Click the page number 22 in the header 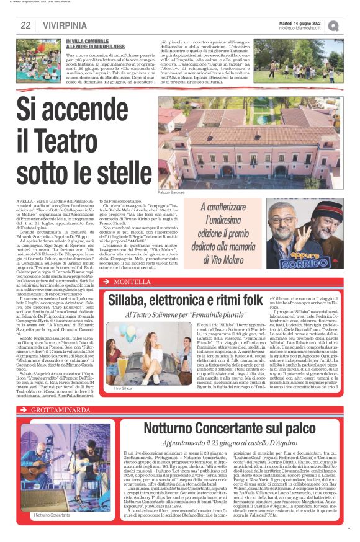[25, 25]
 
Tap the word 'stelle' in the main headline [117, 169]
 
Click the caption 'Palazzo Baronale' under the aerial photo [172, 193]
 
